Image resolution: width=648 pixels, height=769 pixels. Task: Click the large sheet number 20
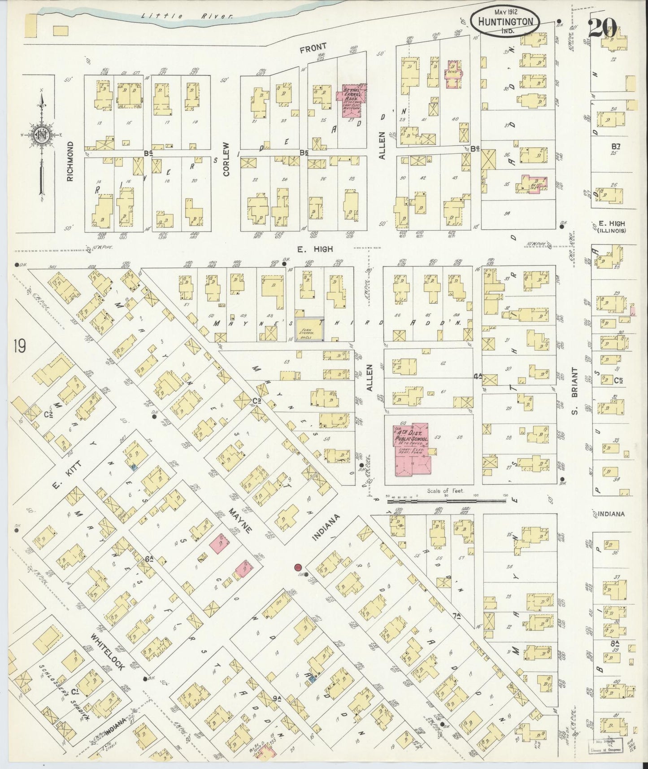602,28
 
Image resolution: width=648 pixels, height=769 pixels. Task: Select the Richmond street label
70,162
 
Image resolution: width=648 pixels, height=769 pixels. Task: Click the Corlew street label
226,159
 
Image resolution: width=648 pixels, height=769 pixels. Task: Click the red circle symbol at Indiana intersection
297,568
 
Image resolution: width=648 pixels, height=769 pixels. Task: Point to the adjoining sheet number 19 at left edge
19,346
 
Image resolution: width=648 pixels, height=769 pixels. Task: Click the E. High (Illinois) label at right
611,227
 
